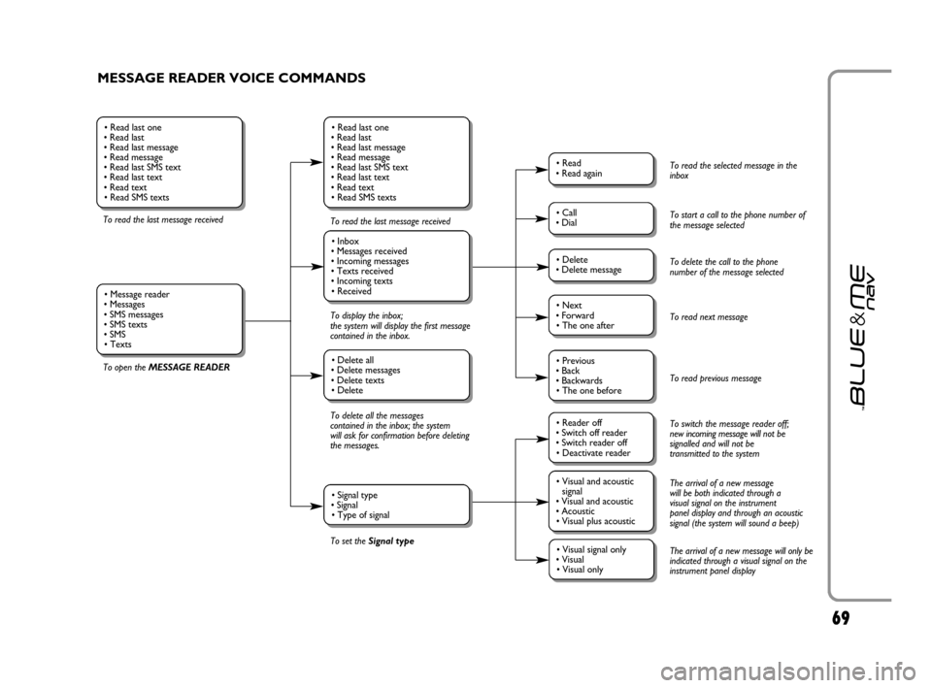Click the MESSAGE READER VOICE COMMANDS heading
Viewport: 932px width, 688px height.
231,78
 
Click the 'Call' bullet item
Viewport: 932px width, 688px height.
570,212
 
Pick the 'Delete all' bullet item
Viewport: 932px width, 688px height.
357,360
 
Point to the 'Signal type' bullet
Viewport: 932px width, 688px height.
357,495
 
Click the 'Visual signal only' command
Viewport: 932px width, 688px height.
595,549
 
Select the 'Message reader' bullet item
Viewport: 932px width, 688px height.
140,294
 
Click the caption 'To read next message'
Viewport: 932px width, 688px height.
709,317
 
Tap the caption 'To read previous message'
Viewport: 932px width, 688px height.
716,378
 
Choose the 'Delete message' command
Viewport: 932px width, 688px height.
592,270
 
